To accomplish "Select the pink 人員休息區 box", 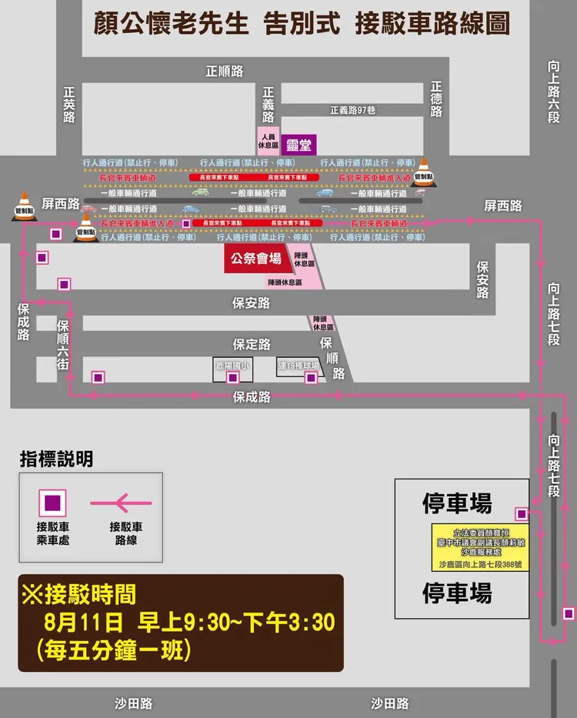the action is [x=268, y=140].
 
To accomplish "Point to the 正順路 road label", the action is [x=225, y=72].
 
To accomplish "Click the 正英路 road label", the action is [x=70, y=104].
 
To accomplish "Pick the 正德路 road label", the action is [x=437, y=100].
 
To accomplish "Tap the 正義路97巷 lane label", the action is [x=352, y=110].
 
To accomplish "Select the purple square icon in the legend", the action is [x=52, y=503].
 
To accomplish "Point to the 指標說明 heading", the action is [x=57, y=460].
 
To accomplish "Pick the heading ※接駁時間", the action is [x=79, y=594].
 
